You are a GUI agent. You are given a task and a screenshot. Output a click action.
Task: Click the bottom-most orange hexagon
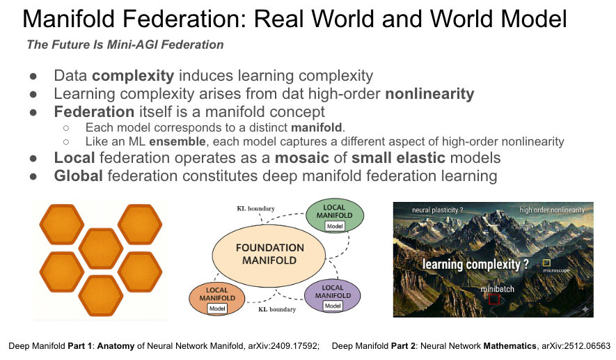pos(102,295)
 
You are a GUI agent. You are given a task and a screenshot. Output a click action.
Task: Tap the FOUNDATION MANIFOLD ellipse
pos(260,254)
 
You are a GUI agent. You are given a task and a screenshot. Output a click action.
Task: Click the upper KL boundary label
pos(255,208)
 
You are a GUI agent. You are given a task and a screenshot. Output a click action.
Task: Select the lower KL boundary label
pos(277,309)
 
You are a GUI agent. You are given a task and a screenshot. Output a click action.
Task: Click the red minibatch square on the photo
pos(494,299)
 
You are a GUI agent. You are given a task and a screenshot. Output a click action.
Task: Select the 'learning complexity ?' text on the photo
pos(475,264)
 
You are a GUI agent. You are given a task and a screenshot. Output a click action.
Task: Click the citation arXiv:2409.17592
pos(282,345)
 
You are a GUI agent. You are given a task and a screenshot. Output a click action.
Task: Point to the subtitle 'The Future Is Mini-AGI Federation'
pos(125,45)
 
